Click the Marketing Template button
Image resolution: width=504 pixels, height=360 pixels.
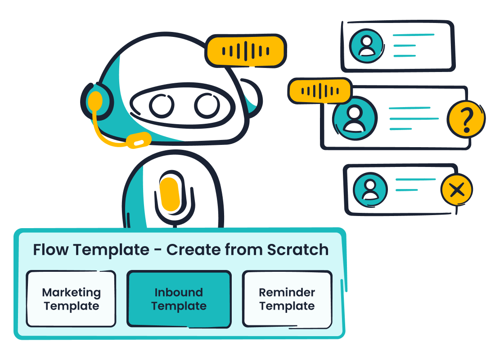point(71,299)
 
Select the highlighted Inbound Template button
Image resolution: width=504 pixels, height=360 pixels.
point(179,299)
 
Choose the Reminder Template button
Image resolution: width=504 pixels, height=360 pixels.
point(287,299)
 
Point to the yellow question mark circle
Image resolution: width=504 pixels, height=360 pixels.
point(466,119)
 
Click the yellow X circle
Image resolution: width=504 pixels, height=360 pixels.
point(457,190)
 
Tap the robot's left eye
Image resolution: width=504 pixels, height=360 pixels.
point(162,105)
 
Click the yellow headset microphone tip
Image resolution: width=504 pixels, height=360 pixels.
point(138,141)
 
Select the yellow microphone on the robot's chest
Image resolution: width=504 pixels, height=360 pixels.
point(170,194)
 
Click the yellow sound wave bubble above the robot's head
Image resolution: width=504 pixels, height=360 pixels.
point(246,50)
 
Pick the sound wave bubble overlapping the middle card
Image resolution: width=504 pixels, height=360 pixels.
point(319,91)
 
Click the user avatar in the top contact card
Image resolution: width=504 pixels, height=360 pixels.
point(367,46)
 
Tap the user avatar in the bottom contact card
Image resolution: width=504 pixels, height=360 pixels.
point(370,189)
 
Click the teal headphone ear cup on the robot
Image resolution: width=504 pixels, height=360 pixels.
point(96,101)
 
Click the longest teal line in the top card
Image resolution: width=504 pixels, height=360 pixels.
point(414,35)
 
